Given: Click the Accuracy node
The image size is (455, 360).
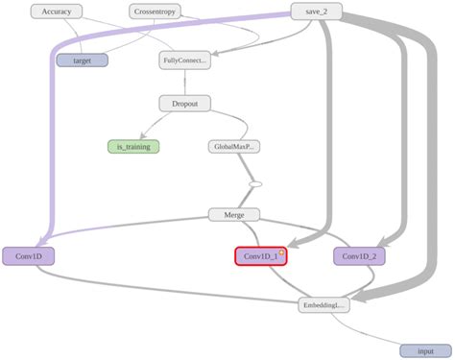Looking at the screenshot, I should (57, 12).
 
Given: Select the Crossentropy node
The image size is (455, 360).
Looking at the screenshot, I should (155, 12).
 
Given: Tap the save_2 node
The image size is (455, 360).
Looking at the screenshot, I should (317, 12).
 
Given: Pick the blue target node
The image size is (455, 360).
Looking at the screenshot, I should (82, 60).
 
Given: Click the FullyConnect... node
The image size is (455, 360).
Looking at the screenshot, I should (184, 60).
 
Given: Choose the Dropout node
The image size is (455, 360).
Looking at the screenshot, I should (184, 103).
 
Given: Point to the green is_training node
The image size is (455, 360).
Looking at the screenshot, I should (133, 147).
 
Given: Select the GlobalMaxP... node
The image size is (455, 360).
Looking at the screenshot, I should (233, 147).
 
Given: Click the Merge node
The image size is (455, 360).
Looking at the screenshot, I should (233, 214).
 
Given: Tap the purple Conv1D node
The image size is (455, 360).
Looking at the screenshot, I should (28, 256).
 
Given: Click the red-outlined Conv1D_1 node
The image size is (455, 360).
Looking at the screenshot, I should (260, 256).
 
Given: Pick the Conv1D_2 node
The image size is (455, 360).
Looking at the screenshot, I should (359, 256).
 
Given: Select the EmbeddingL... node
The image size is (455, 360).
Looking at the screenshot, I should (323, 305).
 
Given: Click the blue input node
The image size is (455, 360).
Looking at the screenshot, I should (423, 351).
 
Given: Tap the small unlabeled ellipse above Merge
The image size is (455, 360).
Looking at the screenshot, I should (255, 183).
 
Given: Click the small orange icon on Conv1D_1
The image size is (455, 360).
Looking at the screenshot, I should (281, 252).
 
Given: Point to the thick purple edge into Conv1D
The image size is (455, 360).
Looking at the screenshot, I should (48, 144).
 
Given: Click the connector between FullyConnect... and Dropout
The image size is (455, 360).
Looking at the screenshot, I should (184, 82).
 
